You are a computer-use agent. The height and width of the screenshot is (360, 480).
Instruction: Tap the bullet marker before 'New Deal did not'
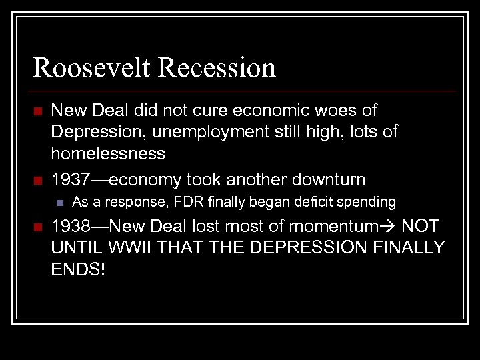click(39, 111)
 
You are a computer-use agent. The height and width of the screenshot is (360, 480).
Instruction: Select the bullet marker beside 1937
click(39, 180)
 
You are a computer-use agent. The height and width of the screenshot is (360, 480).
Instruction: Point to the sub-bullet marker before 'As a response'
click(59, 202)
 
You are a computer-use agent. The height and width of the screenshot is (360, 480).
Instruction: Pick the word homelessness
click(108, 154)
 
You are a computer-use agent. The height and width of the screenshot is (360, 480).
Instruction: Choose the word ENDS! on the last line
click(78, 270)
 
